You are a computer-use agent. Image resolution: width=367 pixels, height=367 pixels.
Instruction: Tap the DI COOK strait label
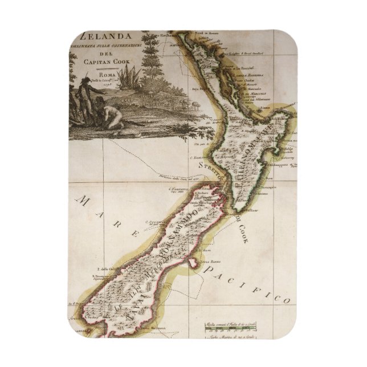point(242,228)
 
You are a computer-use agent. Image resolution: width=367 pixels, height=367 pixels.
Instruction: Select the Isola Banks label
point(211,256)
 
